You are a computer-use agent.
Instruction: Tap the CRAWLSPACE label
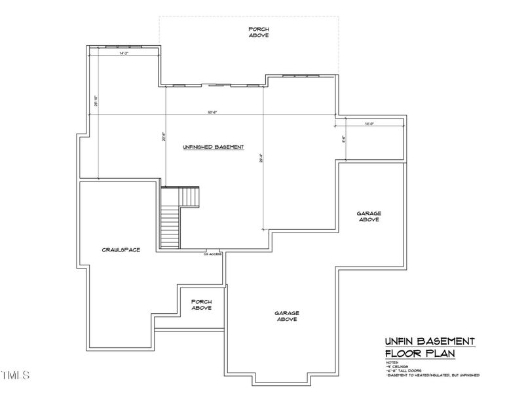[x=121, y=250]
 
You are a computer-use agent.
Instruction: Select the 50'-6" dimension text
[x=212, y=112]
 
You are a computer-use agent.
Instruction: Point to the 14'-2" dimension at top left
[x=123, y=53]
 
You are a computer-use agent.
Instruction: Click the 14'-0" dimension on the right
[x=369, y=123]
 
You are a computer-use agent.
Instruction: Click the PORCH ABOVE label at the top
[x=259, y=31]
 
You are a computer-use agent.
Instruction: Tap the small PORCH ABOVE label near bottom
[x=201, y=305]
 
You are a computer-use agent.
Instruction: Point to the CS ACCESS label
[x=214, y=253]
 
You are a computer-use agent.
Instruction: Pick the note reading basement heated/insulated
[x=432, y=375]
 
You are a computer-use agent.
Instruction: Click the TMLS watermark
[x=15, y=376]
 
